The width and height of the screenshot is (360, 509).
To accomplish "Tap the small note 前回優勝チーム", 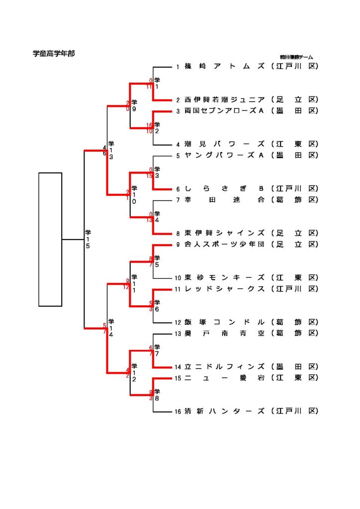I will pyautogui.click(x=296, y=58).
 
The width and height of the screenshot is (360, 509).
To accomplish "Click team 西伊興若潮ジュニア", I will pyautogui.click(x=225, y=100).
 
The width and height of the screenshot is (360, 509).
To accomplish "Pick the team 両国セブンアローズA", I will pyautogui.click(x=223, y=111).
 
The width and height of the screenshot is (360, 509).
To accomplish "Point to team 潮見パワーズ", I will pyautogui.click(x=225, y=144).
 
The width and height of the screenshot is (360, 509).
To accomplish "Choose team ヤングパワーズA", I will pyautogui.click(x=223, y=155).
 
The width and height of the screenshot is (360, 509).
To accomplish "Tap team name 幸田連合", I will pyautogui.click(x=225, y=200).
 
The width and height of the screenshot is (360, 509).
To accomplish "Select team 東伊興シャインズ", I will pyautogui.click(x=225, y=233).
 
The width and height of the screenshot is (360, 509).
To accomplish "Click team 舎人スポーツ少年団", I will pyautogui.click(x=225, y=244).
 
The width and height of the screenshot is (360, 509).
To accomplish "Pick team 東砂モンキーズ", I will pyautogui.click(x=225, y=278).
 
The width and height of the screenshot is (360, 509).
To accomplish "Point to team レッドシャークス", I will pyautogui.click(x=225, y=289).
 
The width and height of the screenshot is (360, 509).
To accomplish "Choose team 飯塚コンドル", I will pyautogui.click(x=225, y=322).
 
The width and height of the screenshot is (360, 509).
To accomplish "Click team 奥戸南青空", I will pyautogui.click(x=225, y=333).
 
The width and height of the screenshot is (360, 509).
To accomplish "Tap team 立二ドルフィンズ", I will pyautogui.click(x=225, y=367).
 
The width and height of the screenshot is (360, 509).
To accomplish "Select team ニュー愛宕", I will pyautogui.click(x=225, y=378).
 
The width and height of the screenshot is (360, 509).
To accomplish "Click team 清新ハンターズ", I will pyautogui.click(x=225, y=411).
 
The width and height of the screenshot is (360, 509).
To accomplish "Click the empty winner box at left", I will pyautogui.click(x=50, y=239).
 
